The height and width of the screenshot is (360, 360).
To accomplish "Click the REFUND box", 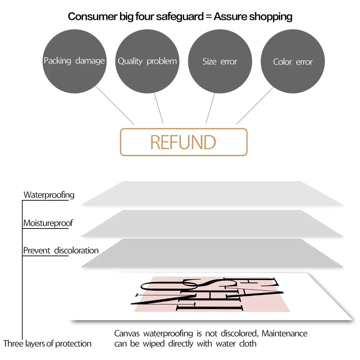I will click(x=184, y=142).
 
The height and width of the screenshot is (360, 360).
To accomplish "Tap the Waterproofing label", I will click(x=49, y=195).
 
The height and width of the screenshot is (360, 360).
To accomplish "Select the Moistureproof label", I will click(x=48, y=223).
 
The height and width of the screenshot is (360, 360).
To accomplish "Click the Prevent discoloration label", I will click(x=61, y=250).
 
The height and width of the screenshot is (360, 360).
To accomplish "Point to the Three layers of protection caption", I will click(x=47, y=344).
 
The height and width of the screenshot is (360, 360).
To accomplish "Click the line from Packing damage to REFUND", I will click(x=115, y=105).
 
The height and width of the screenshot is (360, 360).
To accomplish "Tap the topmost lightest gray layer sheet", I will click(x=211, y=194).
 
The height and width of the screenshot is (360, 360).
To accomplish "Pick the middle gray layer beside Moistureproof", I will click(x=211, y=223).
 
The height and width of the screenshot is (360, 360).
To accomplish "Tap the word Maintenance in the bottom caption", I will click(x=284, y=333).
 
